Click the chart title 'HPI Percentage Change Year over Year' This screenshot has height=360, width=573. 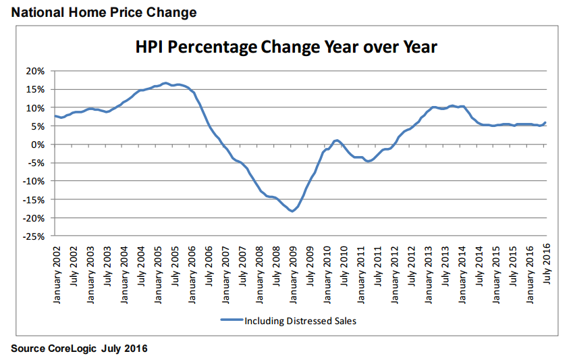pos(286,47)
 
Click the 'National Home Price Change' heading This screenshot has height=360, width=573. pos(100,12)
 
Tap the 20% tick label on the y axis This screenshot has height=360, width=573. pos(35,71)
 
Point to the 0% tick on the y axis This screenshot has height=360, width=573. pos(38,145)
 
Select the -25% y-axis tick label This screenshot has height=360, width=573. pos(34,236)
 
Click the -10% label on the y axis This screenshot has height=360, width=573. pos(34,181)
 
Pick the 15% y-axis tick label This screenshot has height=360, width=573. pos(35,89)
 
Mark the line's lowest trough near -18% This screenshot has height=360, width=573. pos(292,211)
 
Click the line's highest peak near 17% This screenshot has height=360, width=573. pos(165,83)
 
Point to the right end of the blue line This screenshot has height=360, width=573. pos(545,122)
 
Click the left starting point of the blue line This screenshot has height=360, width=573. pos(55,116)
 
